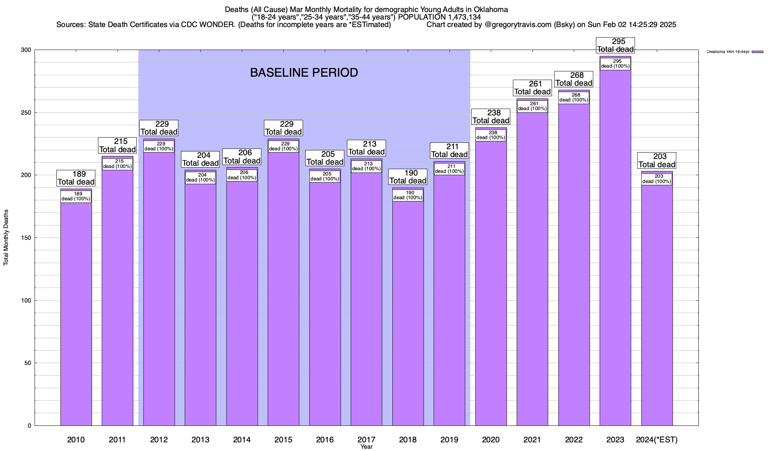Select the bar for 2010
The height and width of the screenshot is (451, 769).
76,312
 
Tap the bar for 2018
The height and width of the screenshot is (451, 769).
408,312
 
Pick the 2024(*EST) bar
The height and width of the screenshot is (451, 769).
657,301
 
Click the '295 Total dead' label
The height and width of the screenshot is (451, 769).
615,45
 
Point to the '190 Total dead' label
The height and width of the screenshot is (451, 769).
408,177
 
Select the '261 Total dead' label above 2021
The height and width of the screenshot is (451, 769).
532,88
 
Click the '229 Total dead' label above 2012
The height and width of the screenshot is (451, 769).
159,128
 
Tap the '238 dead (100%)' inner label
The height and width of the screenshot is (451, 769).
491,135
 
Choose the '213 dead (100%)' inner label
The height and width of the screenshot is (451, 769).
366,166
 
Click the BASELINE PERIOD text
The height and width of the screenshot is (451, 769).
304,73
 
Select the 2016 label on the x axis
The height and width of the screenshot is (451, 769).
325,439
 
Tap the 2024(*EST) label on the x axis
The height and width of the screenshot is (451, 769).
657,439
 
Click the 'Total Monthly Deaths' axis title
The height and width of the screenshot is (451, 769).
6,238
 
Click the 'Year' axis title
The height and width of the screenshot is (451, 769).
366,447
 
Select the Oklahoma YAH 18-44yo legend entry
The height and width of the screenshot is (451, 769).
734,52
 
